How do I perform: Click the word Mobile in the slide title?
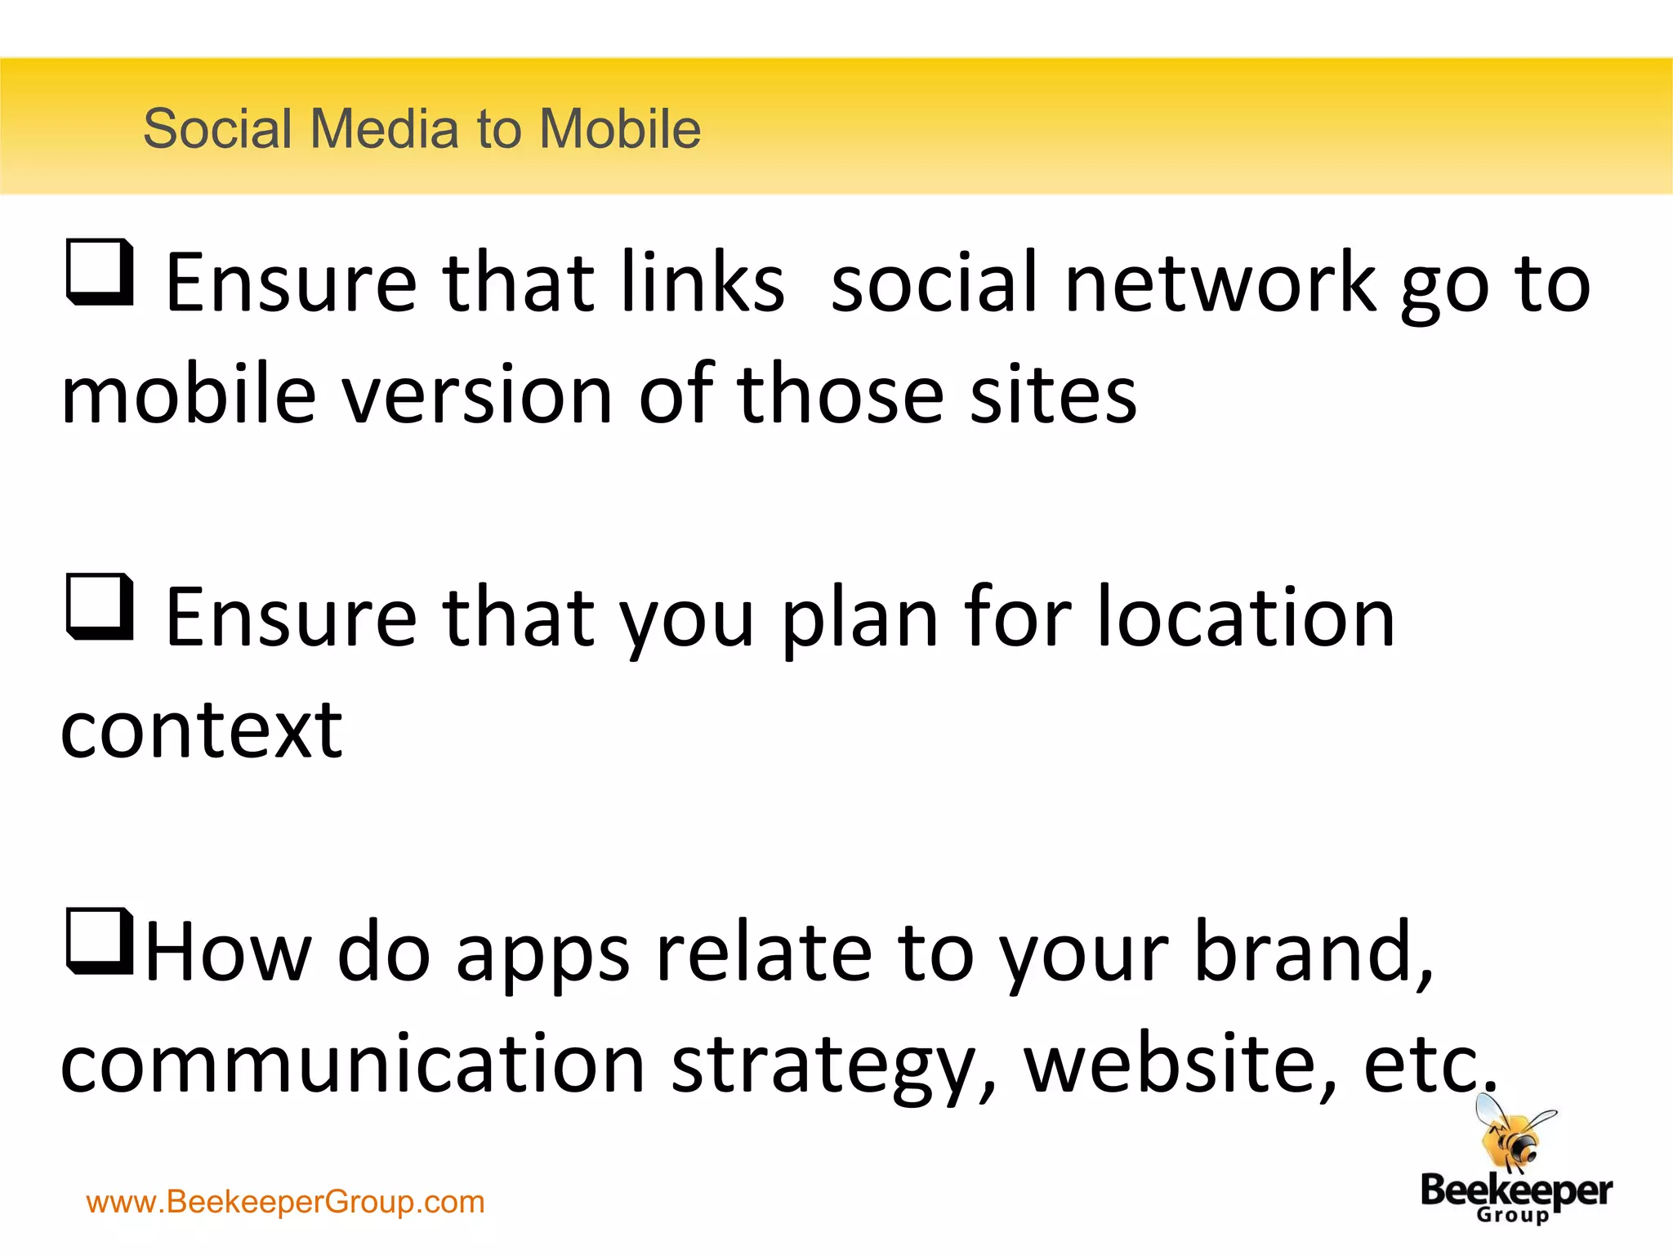619,129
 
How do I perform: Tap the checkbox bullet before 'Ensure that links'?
99,272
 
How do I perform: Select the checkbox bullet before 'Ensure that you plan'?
99,606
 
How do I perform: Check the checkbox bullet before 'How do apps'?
99,941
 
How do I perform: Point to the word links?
702,283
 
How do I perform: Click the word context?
201,730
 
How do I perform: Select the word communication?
353,1064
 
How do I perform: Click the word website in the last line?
1180,1064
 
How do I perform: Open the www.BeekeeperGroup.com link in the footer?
285,1202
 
